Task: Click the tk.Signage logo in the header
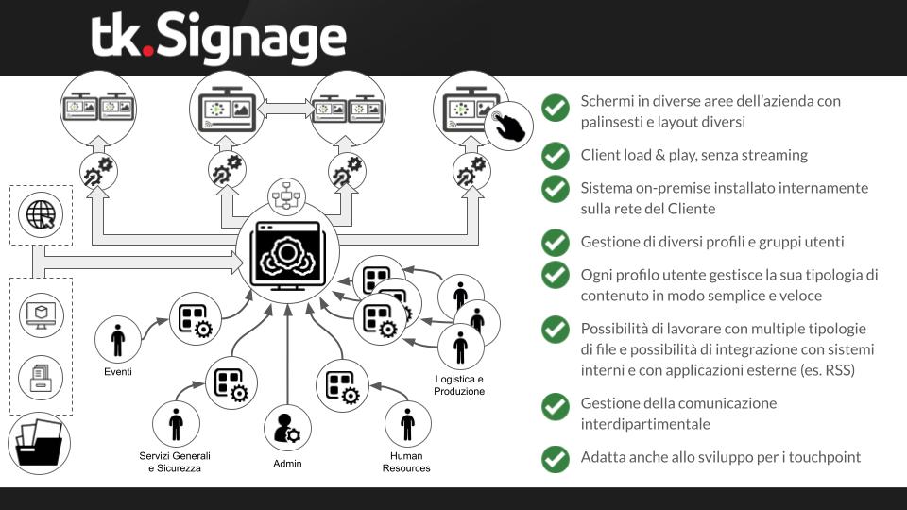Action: tap(219, 39)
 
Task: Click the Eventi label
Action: tap(118, 372)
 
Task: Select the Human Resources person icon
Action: tap(407, 424)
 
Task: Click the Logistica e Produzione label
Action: tap(459, 384)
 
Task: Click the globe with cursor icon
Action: tap(41, 214)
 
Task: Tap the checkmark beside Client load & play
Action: tap(555, 155)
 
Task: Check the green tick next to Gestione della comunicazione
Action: tap(555, 406)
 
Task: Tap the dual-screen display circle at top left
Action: tap(99, 109)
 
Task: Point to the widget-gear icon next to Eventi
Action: tap(194, 317)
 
